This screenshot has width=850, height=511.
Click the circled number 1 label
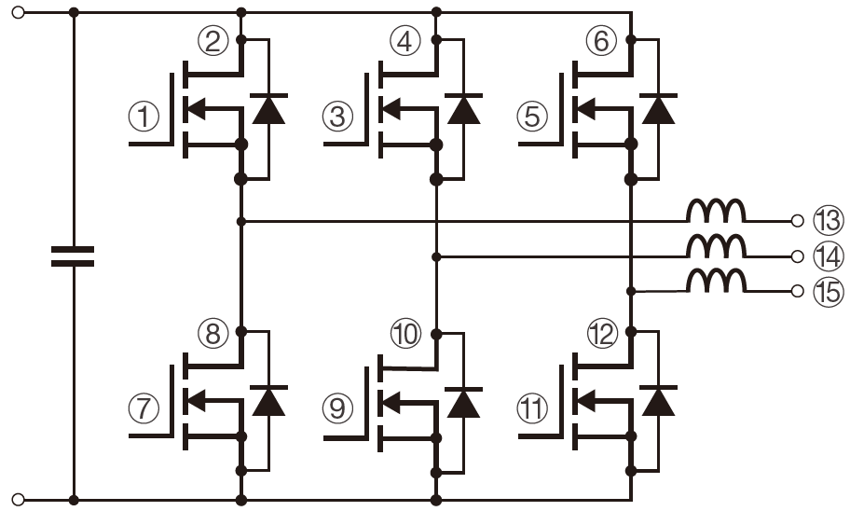[x=144, y=117]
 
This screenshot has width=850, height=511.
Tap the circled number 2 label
[x=213, y=41]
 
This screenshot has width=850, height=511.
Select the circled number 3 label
[x=338, y=117]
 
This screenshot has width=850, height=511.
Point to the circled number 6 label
[x=602, y=41]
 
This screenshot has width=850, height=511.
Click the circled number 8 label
[x=213, y=333]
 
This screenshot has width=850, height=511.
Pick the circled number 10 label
[x=406, y=333]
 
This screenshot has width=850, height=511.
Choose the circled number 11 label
[x=533, y=407]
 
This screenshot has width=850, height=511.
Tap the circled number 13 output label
[x=827, y=221]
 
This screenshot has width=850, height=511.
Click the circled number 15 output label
[x=827, y=291]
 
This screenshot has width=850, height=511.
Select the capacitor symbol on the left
[x=73, y=256]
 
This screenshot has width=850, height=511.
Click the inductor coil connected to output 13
[x=716, y=212]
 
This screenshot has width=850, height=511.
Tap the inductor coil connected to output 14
[x=716, y=246]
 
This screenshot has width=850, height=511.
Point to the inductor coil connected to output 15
[x=716, y=281]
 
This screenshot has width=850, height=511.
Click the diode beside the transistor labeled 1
[x=269, y=109]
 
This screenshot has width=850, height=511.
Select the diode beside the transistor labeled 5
[x=659, y=109]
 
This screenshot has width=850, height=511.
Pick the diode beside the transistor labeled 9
[x=463, y=401]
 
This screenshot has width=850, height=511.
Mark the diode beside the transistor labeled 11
[x=659, y=401]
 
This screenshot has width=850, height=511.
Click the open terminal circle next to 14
[x=796, y=255]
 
